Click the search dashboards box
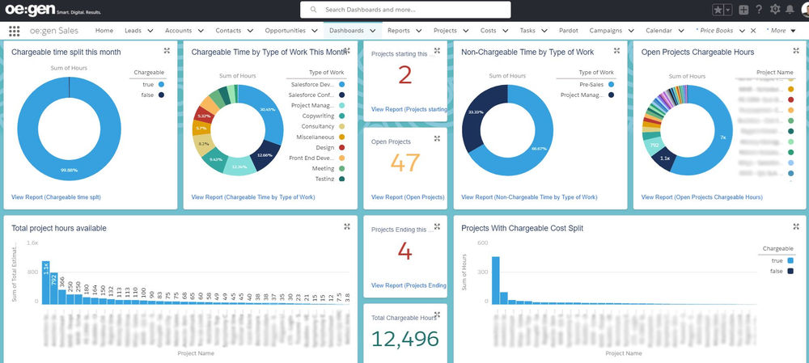(404, 10)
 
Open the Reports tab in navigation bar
(398, 30)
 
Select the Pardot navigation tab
(568, 30)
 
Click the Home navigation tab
(104, 30)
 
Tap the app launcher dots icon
(15, 31)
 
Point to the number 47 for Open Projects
(405, 163)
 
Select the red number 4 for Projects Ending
(405, 252)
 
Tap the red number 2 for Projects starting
(405, 75)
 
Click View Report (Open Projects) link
(408, 197)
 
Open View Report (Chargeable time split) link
(57, 196)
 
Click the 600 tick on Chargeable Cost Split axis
(481, 243)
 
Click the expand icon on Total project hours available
(346, 226)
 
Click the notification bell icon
(790, 10)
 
